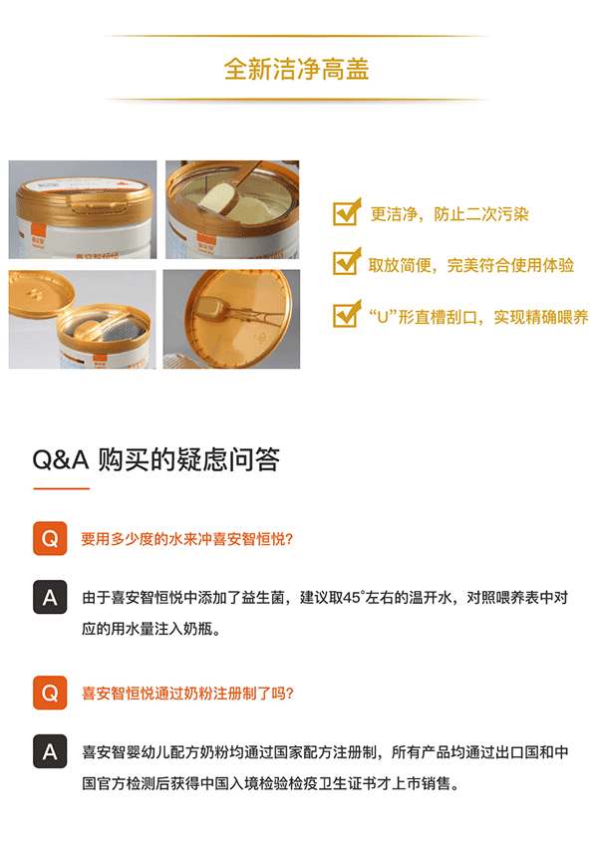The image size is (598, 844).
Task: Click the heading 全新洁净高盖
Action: (x=297, y=70)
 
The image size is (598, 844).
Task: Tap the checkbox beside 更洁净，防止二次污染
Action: (x=346, y=212)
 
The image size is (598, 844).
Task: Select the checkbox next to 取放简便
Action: (x=346, y=262)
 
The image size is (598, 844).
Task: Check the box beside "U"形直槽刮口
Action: (x=346, y=314)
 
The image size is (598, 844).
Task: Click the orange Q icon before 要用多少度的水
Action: (x=50, y=538)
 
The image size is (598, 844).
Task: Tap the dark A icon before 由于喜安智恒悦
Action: (x=50, y=597)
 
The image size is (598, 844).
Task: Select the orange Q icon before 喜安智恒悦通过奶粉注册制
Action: (x=50, y=693)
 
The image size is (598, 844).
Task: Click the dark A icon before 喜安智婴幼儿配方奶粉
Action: (x=50, y=751)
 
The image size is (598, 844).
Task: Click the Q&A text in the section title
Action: (x=60, y=460)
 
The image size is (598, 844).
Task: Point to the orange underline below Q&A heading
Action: (x=62, y=488)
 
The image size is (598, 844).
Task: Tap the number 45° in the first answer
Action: (x=354, y=598)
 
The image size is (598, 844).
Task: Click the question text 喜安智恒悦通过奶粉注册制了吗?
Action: (x=187, y=694)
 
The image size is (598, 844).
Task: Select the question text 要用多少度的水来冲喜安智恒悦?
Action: (x=186, y=539)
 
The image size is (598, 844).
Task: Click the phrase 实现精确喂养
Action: (x=541, y=317)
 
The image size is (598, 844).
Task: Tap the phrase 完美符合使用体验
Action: (x=511, y=265)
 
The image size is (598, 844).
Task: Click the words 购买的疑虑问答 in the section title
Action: (x=189, y=459)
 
